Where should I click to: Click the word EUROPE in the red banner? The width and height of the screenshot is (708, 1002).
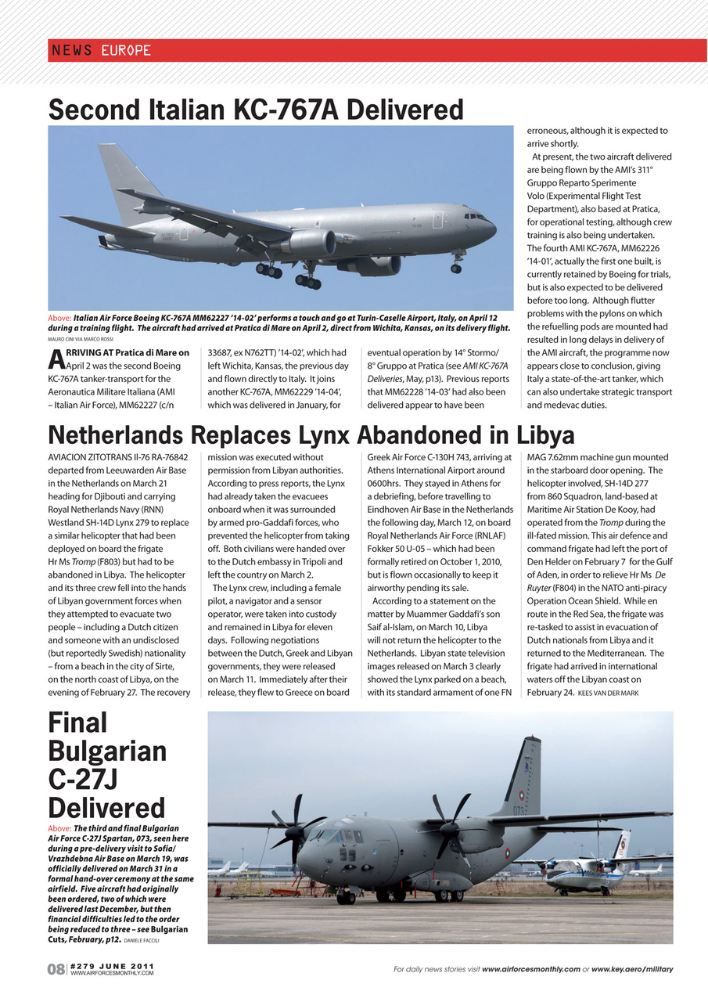point(126,51)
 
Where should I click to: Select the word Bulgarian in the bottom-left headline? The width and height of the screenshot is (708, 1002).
point(107,751)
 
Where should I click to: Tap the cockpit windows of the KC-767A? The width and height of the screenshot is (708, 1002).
point(475,216)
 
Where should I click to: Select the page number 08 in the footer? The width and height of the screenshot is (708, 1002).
point(56,970)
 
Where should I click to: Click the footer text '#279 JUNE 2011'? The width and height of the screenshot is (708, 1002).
point(111,966)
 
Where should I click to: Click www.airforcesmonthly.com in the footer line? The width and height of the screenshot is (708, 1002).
point(530,969)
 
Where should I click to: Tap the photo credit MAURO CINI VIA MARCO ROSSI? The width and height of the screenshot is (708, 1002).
point(81,339)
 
